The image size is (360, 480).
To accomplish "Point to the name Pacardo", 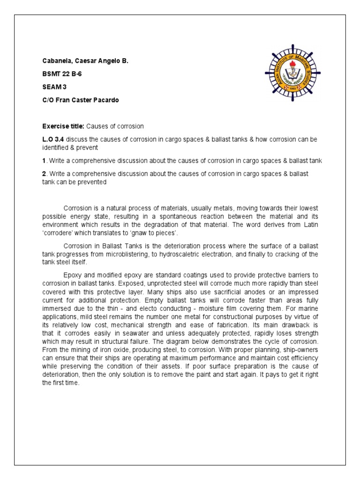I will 112,100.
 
